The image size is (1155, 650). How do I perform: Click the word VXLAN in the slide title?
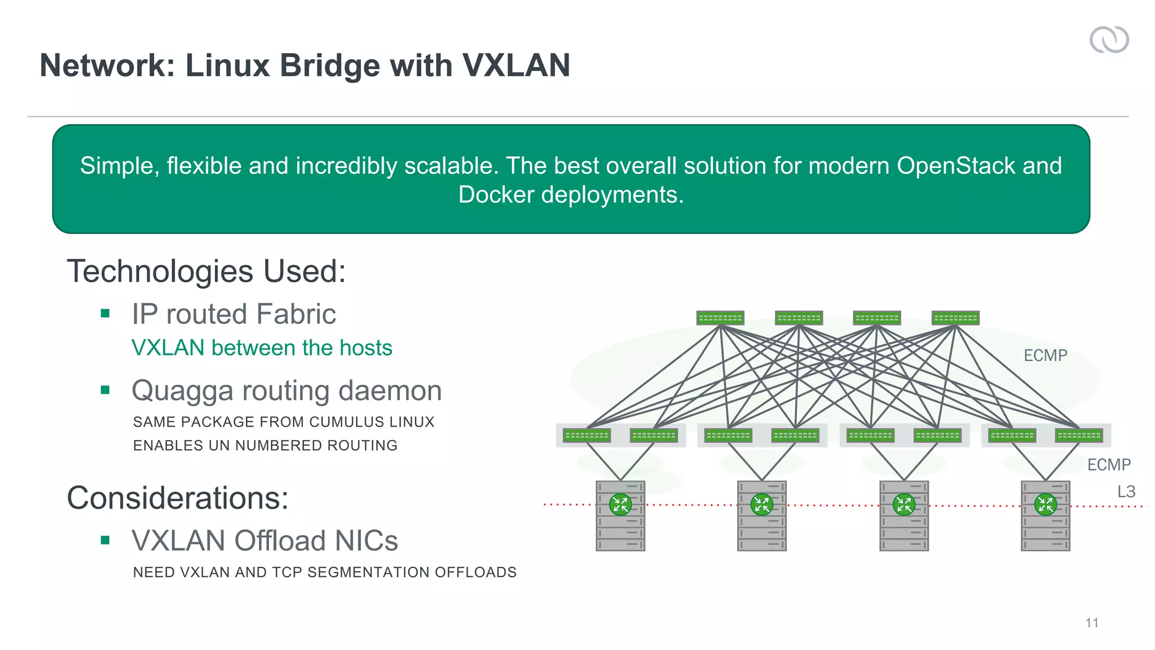pos(516,65)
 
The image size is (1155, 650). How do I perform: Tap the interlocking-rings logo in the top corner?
pos(1109,40)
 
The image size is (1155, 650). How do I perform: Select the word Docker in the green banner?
pos(496,195)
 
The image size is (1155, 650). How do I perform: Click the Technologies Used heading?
pos(206,271)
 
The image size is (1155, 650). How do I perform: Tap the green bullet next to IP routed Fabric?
pos(105,314)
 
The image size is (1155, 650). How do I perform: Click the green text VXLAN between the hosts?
pos(262,348)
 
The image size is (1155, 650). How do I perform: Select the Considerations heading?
pos(178,498)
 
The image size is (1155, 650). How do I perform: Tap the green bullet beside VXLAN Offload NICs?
pos(105,541)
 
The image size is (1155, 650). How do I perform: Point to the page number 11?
pos(1091,623)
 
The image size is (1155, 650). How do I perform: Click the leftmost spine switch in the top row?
pos(720,318)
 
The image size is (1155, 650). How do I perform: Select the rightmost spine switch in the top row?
pos(955,318)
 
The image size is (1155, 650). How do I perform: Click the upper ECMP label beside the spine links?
pos(1045,355)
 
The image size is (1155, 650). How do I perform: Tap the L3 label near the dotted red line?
pos(1126,491)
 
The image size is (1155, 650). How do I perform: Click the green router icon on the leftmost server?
pos(620,504)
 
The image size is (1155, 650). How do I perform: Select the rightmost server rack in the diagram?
pos(1045,516)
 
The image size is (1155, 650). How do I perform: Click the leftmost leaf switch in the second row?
pos(587,436)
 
